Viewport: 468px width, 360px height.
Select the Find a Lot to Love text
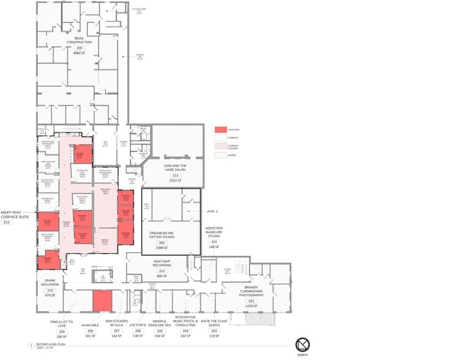(x=61, y=323)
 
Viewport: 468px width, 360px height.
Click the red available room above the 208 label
(x=102, y=301)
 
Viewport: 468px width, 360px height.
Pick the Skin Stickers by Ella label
(x=116, y=323)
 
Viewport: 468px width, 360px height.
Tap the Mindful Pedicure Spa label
(x=160, y=323)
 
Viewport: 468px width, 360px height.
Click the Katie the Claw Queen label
(x=214, y=323)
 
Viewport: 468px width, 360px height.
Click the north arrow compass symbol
(x=302, y=344)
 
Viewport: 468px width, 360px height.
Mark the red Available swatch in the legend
(x=220, y=130)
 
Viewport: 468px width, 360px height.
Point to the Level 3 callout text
(x=212, y=211)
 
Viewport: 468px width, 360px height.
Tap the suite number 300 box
(x=162, y=242)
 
